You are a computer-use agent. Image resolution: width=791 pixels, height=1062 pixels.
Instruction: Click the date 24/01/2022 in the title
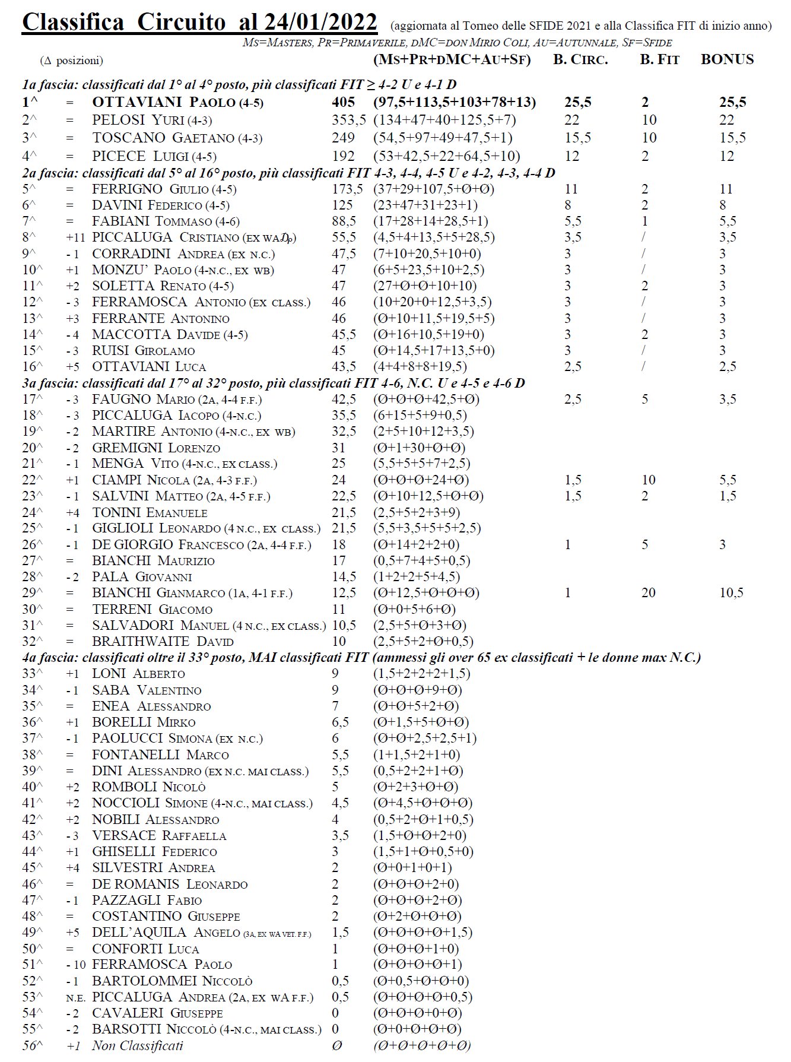click(x=320, y=23)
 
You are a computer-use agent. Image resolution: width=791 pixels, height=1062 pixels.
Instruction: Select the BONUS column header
click(x=727, y=59)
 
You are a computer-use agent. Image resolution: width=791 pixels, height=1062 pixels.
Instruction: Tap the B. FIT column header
click(x=659, y=59)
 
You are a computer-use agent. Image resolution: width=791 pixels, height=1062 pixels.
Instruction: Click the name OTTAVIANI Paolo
click(x=177, y=102)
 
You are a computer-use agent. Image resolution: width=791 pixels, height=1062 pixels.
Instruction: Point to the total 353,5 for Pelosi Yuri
click(x=348, y=120)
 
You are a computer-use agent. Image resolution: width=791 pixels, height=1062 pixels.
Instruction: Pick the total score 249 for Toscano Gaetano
click(x=343, y=138)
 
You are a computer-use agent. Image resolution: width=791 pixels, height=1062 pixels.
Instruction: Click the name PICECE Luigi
click(x=154, y=156)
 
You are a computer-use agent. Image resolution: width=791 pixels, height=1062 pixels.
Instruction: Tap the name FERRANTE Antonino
click(x=160, y=318)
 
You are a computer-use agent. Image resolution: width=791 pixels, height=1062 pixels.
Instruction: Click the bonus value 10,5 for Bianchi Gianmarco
click(x=731, y=592)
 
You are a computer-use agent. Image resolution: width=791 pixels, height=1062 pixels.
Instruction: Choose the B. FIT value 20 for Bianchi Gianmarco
click(x=648, y=592)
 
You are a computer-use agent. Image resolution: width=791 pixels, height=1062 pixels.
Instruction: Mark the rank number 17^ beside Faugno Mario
click(x=33, y=400)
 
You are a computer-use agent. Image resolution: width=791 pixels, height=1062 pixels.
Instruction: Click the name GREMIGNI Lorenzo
click(x=155, y=448)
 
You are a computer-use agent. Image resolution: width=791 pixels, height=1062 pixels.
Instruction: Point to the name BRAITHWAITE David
click(x=163, y=641)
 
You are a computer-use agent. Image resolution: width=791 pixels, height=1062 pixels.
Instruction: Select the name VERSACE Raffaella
click(x=159, y=835)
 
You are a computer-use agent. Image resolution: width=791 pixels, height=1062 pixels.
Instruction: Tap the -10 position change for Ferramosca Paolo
click(x=76, y=965)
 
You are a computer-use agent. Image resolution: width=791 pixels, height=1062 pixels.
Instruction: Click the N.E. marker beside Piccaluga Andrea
click(x=75, y=997)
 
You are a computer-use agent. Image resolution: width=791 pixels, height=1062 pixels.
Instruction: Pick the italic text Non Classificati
click(x=137, y=1045)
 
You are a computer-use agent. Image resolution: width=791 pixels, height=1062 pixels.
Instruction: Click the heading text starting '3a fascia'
click(x=273, y=383)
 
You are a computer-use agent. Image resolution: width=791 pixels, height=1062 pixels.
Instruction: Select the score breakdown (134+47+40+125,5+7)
click(x=444, y=120)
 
